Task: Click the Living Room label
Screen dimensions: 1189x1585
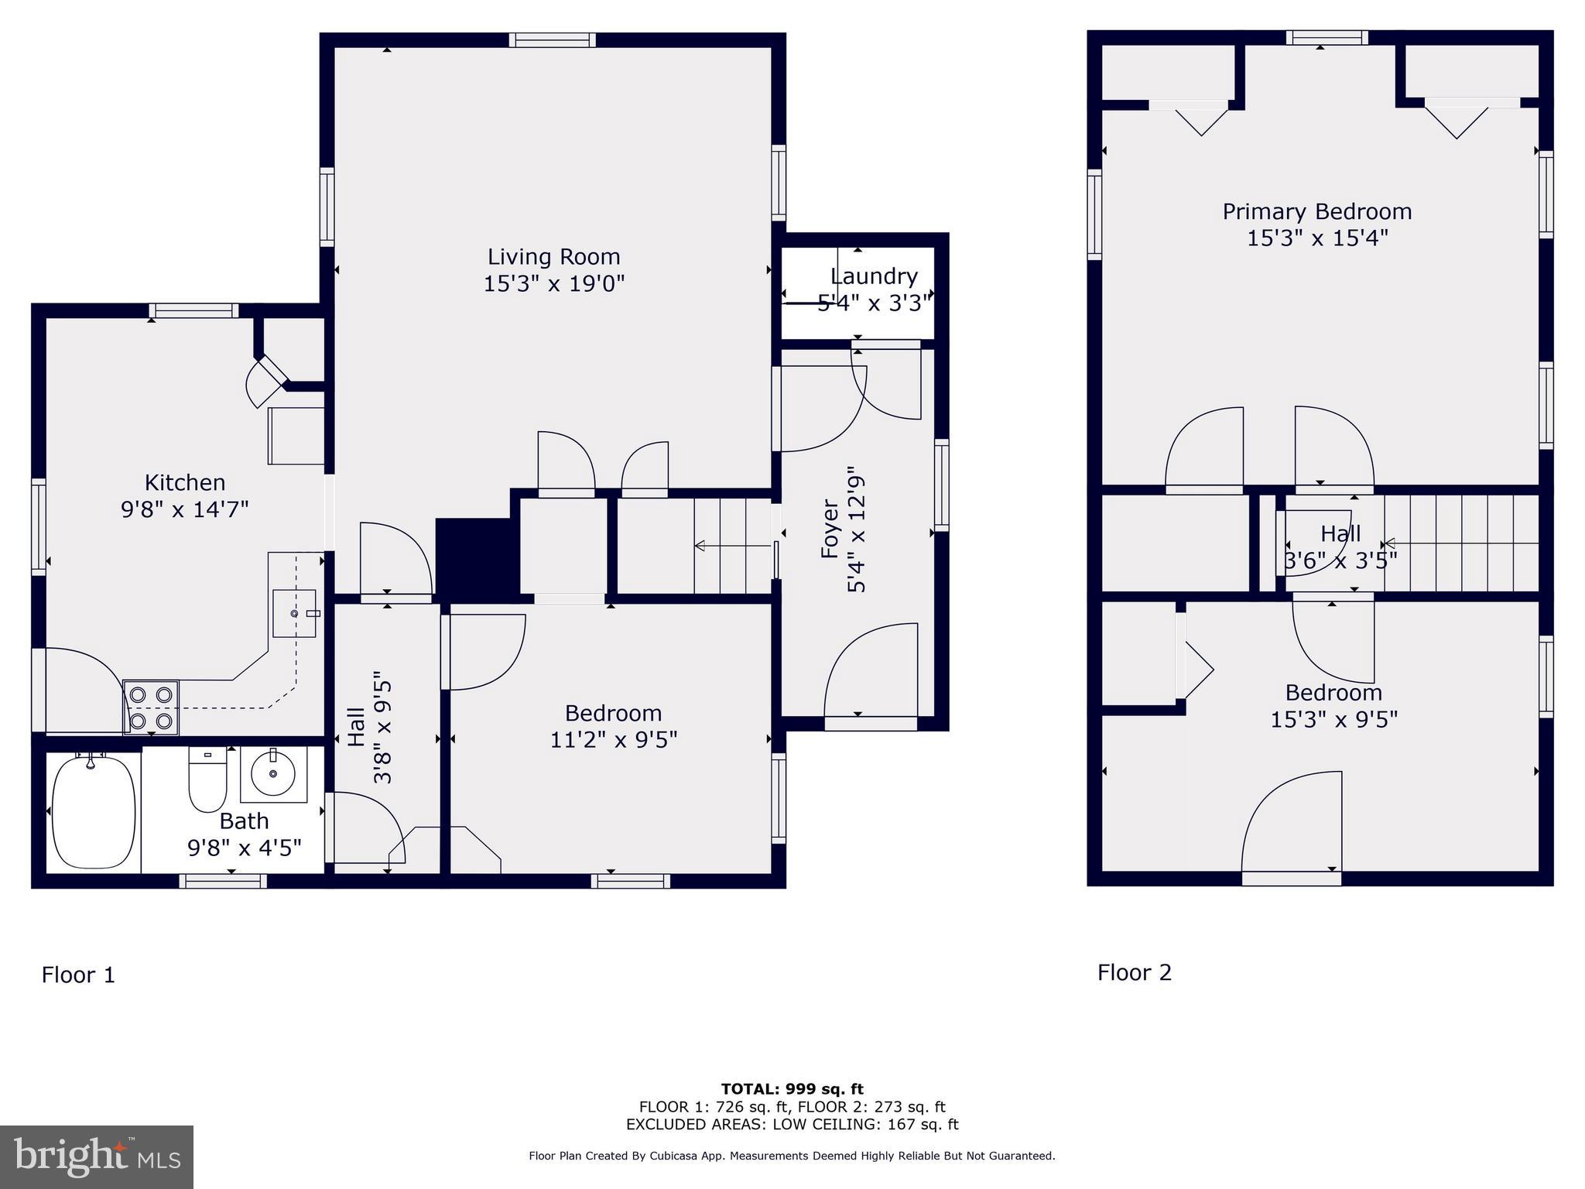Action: coord(553,257)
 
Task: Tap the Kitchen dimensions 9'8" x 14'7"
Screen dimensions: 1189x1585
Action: coord(185,509)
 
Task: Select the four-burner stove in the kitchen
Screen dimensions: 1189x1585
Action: coord(151,708)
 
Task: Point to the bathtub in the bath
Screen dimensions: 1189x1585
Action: coord(93,812)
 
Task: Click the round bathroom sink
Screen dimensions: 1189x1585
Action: coord(273,773)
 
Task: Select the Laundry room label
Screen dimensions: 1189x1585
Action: coord(874,276)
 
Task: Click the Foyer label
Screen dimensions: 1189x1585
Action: coord(830,529)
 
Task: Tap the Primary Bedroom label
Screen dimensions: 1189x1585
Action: coord(1316,211)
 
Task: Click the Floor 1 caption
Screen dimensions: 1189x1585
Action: coord(78,975)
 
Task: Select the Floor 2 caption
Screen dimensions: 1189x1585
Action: coord(1135,972)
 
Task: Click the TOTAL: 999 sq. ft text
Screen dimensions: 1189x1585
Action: coord(792,1089)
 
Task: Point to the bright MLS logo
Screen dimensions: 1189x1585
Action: coord(97,1156)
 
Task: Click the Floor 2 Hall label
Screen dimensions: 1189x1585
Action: coord(1340,533)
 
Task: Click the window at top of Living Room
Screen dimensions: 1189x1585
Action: coord(553,40)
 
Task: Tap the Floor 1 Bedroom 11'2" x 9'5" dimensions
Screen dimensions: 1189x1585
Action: coord(613,740)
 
